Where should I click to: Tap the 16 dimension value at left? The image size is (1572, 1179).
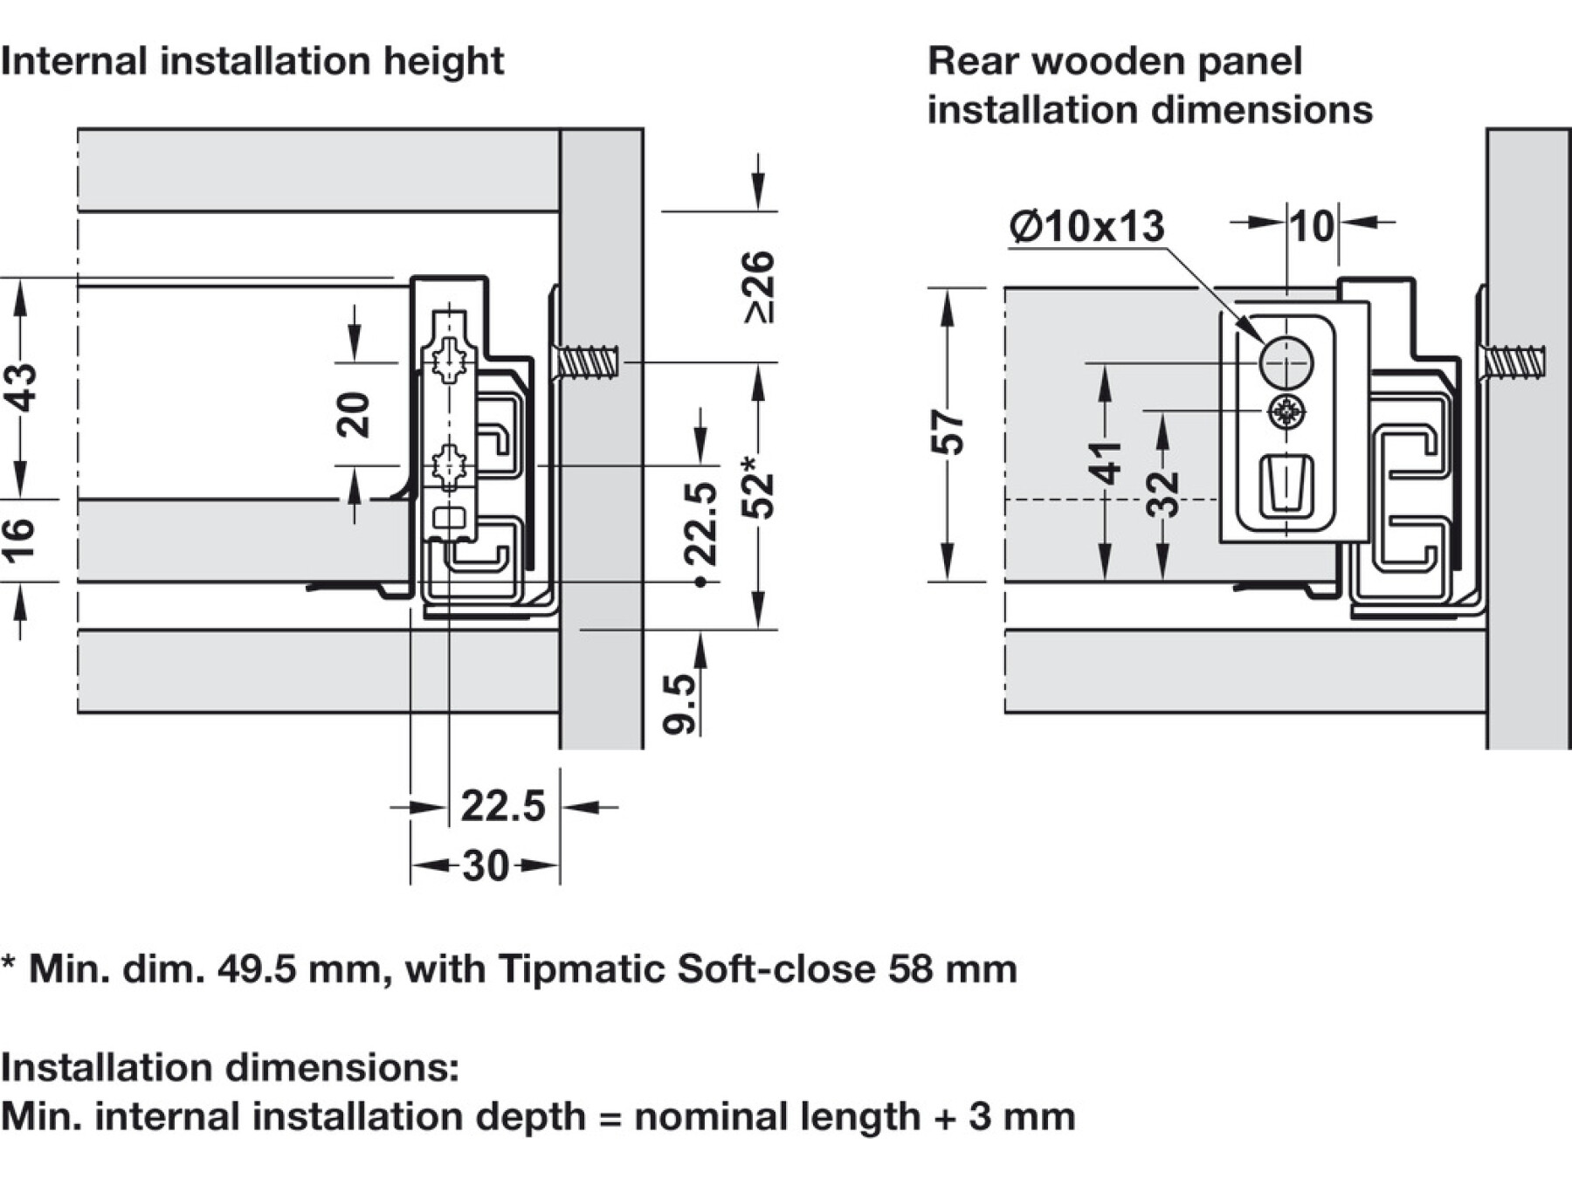pyautogui.click(x=19, y=539)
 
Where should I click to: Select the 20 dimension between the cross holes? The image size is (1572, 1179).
pyautogui.click(x=354, y=414)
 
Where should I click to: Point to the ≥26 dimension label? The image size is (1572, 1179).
pyautogui.click(x=758, y=286)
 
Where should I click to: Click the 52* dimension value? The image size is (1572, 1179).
pyautogui.click(x=758, y=486)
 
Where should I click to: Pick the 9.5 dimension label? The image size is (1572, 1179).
pyautogui.click(x=679, y=703)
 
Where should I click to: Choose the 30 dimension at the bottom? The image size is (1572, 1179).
pyautogui.click(x=486, y=866)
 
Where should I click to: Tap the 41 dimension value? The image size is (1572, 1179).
pyautogui.click(x=1105, y=463)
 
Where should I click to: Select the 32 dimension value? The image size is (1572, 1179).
pyautogui.click(x=1162, y=494)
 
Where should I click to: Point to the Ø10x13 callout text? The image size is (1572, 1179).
pyautogui.click(x=1086, y=227)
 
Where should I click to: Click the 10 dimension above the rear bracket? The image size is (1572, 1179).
pyautogui.click(x=1311, y=226)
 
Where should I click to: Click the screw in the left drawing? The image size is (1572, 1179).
pyautogui.click(x=587, y=362)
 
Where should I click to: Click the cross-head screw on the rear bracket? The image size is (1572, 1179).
pyautogui.click(x=1286, y=411)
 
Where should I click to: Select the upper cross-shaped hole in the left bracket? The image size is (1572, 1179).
pyautogui.click(x=449, y=359)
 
